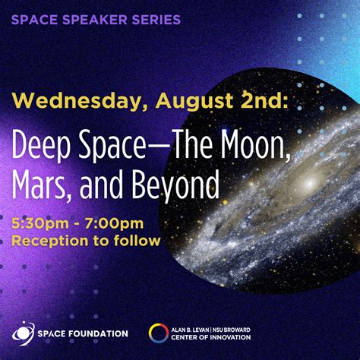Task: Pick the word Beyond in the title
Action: pos(179,185)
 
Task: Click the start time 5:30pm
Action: pos(39,225)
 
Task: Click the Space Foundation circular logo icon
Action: pos(22,333)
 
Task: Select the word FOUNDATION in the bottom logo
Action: pos(99,333)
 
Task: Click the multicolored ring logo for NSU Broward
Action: pos(159,333)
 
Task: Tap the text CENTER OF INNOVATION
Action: pos(215,337)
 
